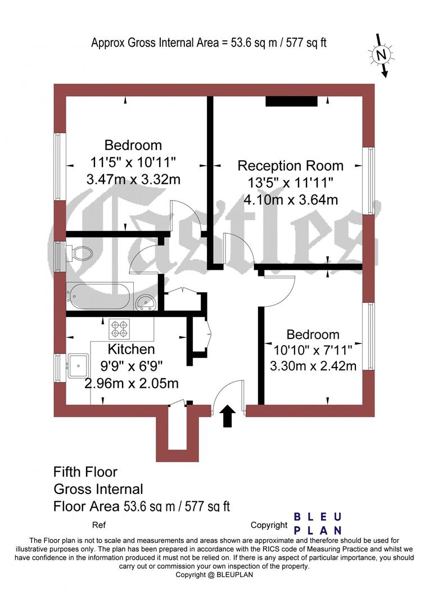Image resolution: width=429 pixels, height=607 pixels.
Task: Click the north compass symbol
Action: (382, 55)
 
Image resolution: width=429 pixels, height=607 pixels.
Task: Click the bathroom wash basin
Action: (146, 302)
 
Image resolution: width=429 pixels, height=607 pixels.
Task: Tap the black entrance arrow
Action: (228, 416)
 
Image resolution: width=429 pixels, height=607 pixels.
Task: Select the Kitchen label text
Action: (132, 349)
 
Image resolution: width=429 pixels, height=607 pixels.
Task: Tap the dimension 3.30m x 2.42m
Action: (313, 366)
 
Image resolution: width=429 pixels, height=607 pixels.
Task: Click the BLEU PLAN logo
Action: (319, 523)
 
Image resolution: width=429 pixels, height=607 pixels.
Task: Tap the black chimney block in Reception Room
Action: (291, 101)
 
